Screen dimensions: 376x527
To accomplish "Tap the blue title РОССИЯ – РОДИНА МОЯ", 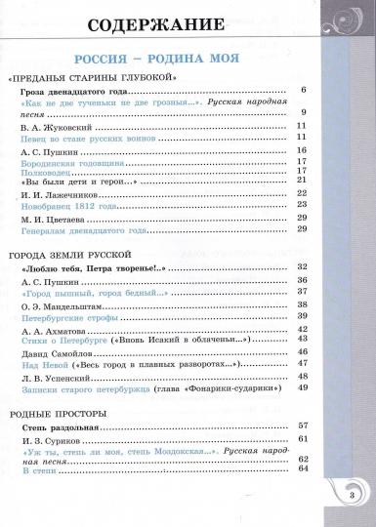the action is point(188,58).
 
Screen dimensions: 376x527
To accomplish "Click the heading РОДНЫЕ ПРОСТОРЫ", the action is point(59,414).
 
